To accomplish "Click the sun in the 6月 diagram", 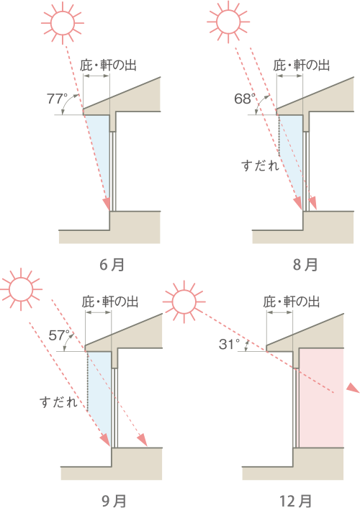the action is tap(63, 23).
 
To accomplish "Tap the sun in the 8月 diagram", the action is tap(228, 22).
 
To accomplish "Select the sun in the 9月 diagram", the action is tap(21, 289).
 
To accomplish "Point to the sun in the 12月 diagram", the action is tap(184, 302).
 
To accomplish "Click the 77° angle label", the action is tap(57, 99).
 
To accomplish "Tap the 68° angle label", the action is tap(245, 99).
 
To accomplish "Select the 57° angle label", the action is tap(60, 335).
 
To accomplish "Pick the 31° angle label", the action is tap(229, 344).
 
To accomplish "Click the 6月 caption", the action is tap(112, 265).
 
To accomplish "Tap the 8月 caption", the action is tap(305, 265).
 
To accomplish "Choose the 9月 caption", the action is tap(114, 502).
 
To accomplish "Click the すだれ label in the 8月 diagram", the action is tap(260, 165).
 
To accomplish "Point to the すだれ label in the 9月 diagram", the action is tap(58, 402).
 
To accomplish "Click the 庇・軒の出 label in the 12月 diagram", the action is tap(292, 302).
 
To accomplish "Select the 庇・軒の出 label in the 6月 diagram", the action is tap(108, 65).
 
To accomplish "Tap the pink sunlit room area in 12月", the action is tap(321, 398).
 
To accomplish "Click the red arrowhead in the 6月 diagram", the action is tap(107, 204).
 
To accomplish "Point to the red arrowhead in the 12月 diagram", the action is tap(354, 388).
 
